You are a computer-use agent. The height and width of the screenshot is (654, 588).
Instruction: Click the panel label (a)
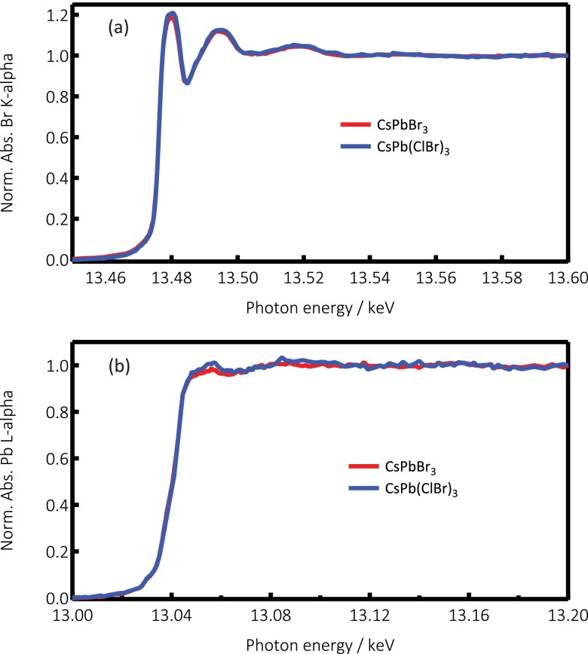click(x=118, y=28)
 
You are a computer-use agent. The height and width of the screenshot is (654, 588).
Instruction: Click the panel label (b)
click(x=119, y=365)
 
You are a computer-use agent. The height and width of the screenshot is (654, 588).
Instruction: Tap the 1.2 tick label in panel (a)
click(x=57, y=15)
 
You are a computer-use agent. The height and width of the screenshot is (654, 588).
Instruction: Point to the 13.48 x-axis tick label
click(x=172, y=278)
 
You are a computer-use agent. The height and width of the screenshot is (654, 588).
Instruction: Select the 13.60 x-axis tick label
click(x=568, y=278)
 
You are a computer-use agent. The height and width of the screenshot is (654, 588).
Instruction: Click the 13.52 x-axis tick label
click(x=303, y=278)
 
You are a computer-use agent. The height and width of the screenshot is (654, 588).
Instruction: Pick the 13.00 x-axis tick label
click(x=72, y=616)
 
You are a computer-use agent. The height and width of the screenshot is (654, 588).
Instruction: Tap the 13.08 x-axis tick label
click(x=271, y=616)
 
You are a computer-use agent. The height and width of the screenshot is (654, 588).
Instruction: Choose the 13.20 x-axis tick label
click(x=568, y=616)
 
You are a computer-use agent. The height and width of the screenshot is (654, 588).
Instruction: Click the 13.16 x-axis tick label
click(x=469, y=616)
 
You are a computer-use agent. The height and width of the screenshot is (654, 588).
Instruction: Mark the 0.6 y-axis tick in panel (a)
click(x=76, y=137)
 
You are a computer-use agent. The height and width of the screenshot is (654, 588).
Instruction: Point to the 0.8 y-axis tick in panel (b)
click(x=76, y=411)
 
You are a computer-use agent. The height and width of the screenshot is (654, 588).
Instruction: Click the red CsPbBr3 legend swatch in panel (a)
click(x=356, y=124)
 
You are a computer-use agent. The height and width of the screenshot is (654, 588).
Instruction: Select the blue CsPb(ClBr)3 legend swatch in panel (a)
click(x=356, y=146)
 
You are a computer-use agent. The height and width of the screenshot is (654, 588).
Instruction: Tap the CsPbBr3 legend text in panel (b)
click(x=410, y=467)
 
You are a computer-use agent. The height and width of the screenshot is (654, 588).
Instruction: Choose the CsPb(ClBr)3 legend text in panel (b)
click(x=421, y=489)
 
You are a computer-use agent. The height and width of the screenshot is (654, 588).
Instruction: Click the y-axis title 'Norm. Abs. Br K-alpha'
click(x=7, y=133)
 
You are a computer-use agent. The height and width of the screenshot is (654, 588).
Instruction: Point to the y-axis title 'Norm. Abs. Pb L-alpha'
click(x=7, y=470)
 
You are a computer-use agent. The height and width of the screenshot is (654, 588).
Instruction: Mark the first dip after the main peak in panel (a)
click(x=188, y=81)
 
